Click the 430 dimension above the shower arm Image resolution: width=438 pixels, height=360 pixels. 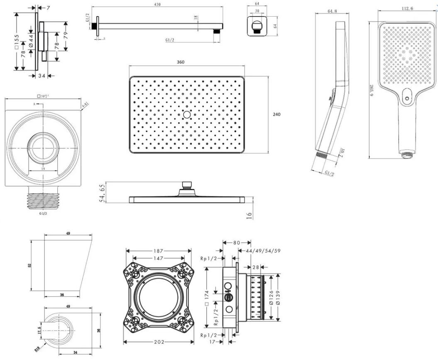click(x=157, y=5)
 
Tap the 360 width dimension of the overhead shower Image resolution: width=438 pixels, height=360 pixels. click(x=181, y=62)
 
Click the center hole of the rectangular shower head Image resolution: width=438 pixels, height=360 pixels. click(x=187, y=114)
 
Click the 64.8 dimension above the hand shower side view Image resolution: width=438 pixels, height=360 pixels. click(x=332, y=12)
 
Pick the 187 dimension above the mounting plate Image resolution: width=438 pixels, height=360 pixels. click(x=158, y=251)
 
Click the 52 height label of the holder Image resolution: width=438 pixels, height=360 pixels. click(x=30, y=266)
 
